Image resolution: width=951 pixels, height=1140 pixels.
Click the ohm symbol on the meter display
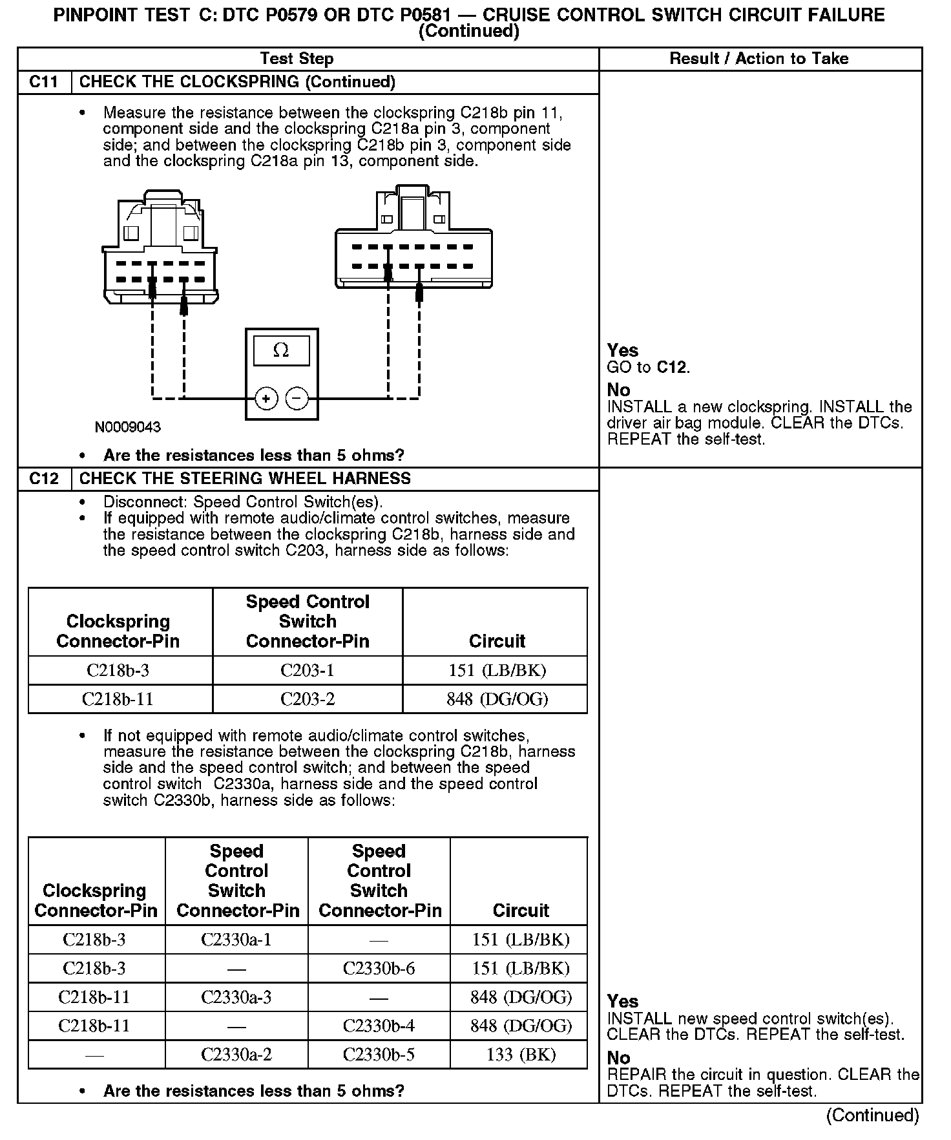pos(281,350)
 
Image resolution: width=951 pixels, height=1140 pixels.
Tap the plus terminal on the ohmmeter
pos(266,398)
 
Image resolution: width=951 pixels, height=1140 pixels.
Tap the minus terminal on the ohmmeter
pos(297,398)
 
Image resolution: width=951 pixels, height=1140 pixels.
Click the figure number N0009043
pos(127,427)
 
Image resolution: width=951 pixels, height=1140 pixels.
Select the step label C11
pos(44,82)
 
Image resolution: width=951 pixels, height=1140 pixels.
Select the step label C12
pos(44,479)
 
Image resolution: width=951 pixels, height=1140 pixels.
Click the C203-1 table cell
pos(308,670)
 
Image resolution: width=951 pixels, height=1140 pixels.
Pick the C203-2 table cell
pos(308,699)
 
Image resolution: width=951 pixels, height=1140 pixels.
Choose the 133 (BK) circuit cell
pos(521,1055)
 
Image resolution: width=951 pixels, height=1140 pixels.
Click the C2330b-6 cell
pos(379,968)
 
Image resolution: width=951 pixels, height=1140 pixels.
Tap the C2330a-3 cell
pos(236,997)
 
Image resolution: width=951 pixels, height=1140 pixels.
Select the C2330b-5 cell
pos(379,1055)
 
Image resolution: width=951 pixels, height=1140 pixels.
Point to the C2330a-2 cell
pos(236,1055)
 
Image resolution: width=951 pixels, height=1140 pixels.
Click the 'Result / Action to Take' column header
pos(758,59)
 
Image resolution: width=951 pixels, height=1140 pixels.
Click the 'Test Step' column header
pos(297,59)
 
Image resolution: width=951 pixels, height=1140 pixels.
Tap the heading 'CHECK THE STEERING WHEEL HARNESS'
pos(245,479)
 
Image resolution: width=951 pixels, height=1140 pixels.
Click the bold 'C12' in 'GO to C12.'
pos(672,368)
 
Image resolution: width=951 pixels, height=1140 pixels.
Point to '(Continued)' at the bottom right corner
pos(872,1115)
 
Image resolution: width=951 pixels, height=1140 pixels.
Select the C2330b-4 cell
pos(379,1026)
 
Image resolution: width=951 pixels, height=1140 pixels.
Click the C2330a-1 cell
pos(236,940)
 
